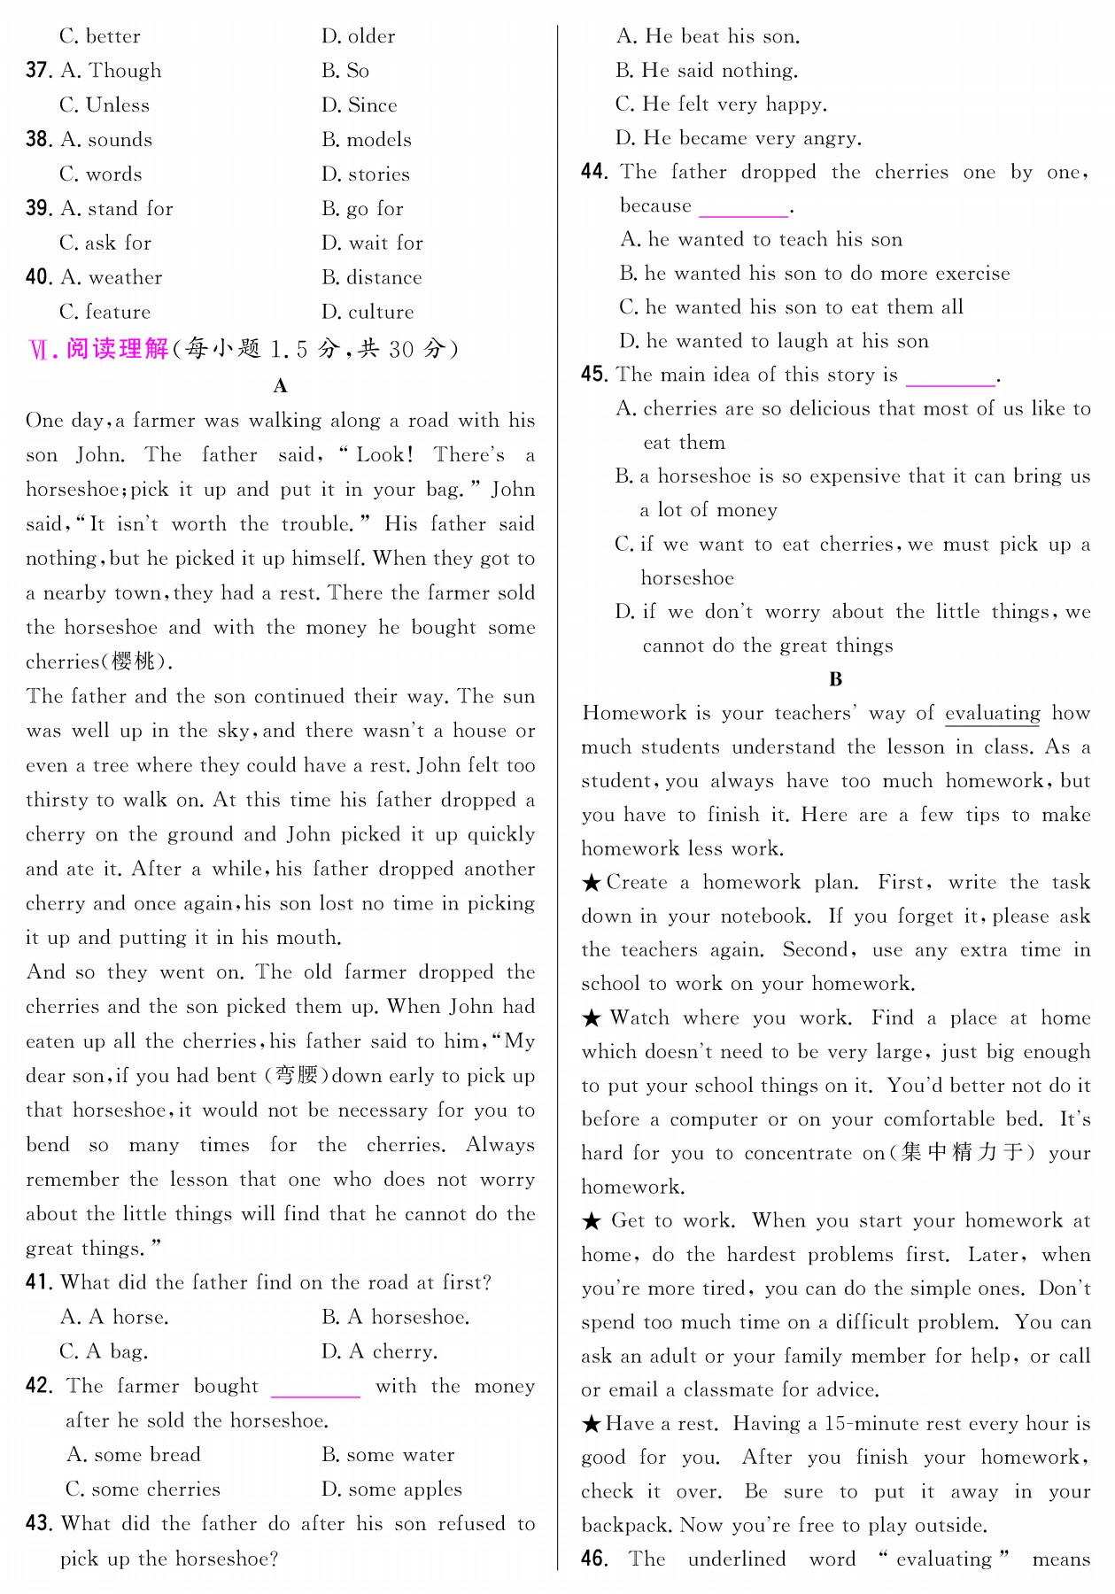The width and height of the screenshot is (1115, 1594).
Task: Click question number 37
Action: pos(38,71)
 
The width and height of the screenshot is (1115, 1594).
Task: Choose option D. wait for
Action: pos(372,244)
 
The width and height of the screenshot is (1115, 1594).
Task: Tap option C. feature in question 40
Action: pos(105,313)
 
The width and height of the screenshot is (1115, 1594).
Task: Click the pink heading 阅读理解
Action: pos(117,349)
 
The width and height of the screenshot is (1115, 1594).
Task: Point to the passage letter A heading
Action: pos(280,386)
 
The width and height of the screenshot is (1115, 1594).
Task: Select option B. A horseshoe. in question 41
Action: pos(395,1318)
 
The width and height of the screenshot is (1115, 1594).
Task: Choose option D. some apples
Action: pos(391,1490)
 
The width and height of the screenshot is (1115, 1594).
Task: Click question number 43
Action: pos(38,1524)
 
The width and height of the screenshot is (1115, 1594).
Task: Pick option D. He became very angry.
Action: pos(738,138)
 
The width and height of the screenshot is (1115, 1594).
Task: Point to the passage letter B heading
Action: pos(835,679)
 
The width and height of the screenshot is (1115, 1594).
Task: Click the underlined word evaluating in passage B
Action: pos(993,714)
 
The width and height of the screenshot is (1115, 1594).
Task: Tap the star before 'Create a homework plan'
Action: pos(592,883)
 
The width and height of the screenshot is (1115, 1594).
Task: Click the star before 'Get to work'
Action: pos(592,1221)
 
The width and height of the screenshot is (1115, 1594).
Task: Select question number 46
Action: pos(593,1559)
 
